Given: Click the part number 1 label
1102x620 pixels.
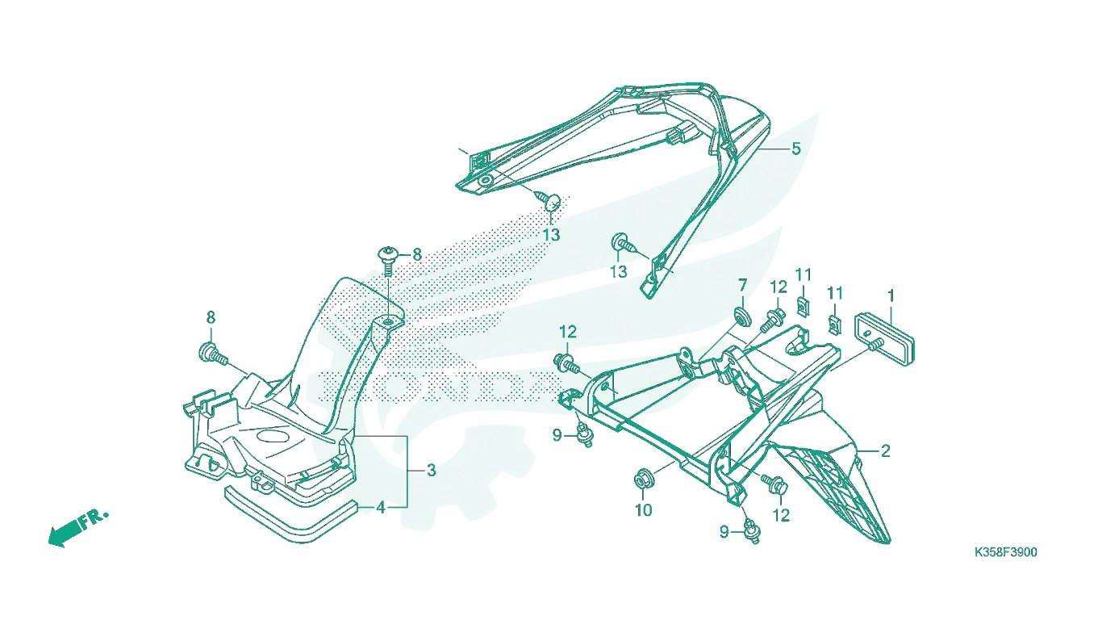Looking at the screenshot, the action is [891, 296].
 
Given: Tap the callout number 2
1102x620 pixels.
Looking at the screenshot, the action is [886, 450].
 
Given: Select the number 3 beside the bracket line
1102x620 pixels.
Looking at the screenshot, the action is [431, 471].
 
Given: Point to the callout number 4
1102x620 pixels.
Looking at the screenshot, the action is [380, 507].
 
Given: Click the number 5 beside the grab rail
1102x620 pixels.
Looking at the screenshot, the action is [796, 149].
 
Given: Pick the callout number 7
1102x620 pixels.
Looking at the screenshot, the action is [742, 285].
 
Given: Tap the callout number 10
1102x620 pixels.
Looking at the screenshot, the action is [644, 510].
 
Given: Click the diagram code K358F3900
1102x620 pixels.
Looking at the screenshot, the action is [1005, 552].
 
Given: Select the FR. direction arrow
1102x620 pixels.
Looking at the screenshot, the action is [77, 528].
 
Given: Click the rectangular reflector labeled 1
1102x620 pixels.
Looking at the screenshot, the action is [884, 339].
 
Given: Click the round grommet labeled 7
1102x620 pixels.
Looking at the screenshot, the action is [742, 316].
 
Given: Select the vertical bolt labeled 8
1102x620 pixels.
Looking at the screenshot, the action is [388, 262].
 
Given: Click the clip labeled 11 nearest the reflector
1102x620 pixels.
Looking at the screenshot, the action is [834, 325].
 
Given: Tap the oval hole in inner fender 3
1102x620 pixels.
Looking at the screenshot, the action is [272, 436].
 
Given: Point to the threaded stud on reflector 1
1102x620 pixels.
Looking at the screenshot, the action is [873, 346].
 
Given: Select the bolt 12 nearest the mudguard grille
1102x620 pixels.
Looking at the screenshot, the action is [774, 484].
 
